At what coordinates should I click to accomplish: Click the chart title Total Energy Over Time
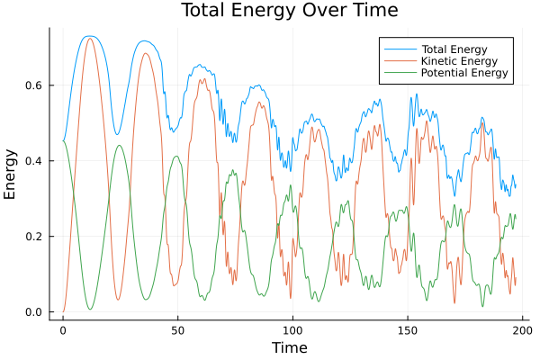click(288, 11)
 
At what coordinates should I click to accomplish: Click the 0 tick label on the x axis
click(63, 330)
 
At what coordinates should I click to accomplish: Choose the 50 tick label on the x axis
click(177, 330)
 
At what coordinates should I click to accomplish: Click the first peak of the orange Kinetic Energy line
click(89, 39)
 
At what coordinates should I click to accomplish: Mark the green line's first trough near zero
click(90, 310)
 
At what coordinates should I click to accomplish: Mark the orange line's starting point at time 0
click(63, 312)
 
